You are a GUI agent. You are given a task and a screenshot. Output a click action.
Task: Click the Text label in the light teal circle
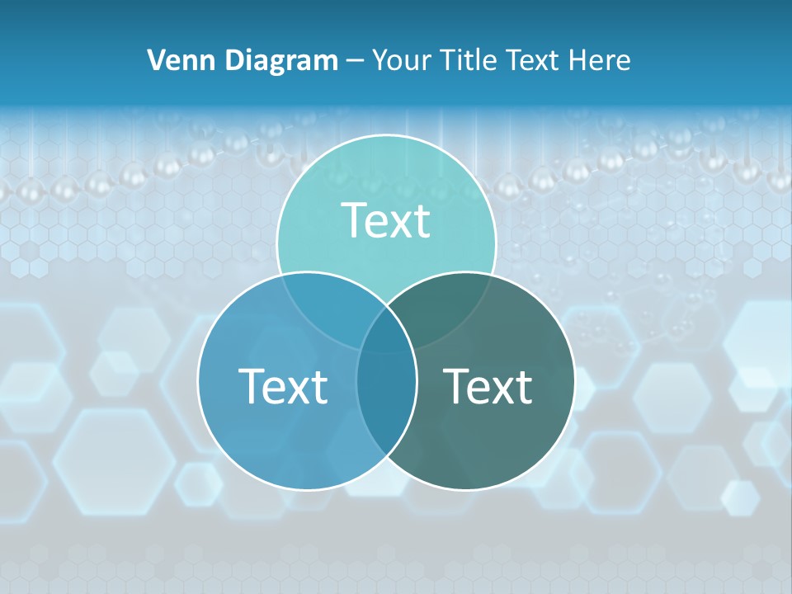tap(386, 220)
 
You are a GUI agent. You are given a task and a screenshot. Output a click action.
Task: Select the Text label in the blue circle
tap(283, 385)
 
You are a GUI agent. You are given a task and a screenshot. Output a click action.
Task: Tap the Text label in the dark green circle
tap(488, 385)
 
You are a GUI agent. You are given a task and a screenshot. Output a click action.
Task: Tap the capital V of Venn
tap(156, 60)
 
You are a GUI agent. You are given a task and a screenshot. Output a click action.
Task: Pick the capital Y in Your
tap(379, 60)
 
